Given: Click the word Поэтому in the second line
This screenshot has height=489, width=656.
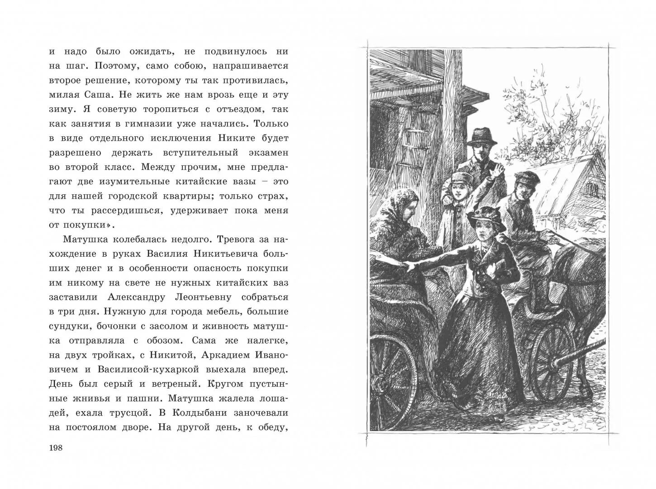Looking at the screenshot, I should tap(115, 66).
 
